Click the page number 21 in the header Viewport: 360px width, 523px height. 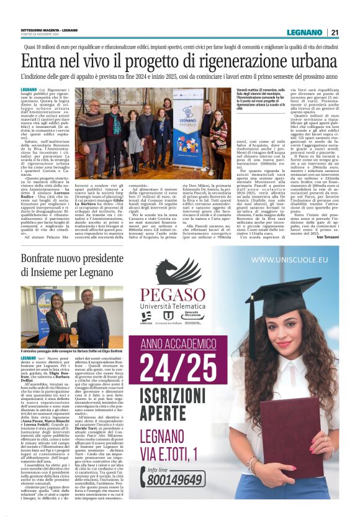coord(335,32)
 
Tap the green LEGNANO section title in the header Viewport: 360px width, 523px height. coord(305,32)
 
